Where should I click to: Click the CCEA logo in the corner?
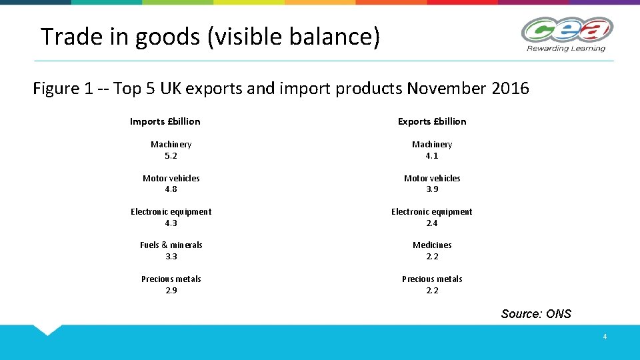[x=566, y=30]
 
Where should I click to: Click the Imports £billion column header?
[x=165, y=121]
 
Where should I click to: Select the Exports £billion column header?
[x=432, y=121]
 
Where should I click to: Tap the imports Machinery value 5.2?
[x=171, y=156]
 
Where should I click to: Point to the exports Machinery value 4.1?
[x=432, y=156]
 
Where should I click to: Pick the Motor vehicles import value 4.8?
[x=171, y=189]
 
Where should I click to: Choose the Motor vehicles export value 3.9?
[x=432, y=189]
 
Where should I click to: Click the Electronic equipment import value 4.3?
[x=171, y=223]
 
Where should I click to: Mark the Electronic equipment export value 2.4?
[x=432, y=223]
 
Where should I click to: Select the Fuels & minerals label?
[x=171, y=245]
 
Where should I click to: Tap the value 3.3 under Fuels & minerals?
[x=171, y=257]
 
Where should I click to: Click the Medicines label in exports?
[x=432, y=245]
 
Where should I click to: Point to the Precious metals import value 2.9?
[x=171, y=291]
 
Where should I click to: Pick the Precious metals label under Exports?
[x=432, y=279]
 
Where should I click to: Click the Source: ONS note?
[x=536, y=314]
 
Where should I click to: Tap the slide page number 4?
[x=605, y=337]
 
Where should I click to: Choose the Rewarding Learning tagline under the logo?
[x=566, y=48]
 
